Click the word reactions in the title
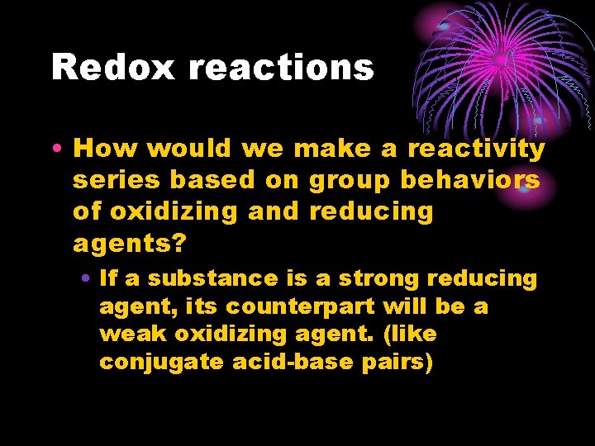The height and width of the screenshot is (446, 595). (281, 67)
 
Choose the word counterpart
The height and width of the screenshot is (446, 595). (303, 307)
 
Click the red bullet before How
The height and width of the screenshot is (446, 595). (55, 149)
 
